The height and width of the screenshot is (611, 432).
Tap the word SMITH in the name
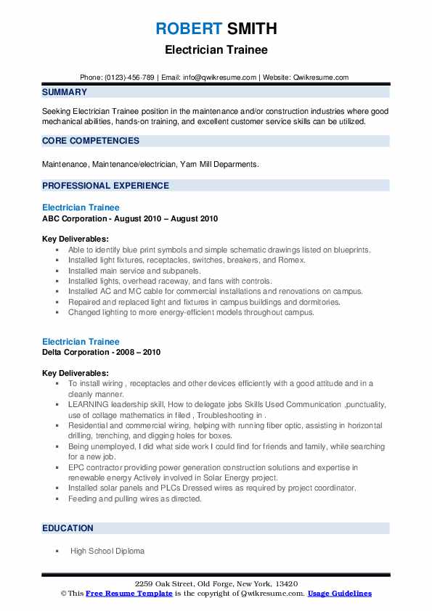251,29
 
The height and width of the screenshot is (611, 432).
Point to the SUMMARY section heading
65,92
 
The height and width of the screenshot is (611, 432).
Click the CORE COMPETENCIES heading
91,141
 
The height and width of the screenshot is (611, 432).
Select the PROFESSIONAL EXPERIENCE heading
105,185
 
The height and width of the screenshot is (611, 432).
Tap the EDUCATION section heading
68,528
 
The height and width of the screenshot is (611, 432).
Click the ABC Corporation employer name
78,218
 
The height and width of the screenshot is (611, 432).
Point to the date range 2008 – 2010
140,353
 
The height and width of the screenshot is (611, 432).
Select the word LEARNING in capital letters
89,404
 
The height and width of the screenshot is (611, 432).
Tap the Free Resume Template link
129,594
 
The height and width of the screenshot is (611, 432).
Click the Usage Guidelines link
339,594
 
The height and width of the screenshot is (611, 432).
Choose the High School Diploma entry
107,551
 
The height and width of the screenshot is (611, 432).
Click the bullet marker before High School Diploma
57,551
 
